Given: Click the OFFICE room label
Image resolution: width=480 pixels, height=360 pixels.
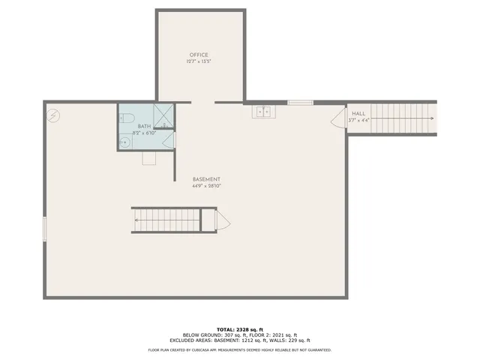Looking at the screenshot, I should pos(199,55).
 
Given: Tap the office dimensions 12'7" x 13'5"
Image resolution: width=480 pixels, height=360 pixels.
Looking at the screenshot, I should pos(199,61).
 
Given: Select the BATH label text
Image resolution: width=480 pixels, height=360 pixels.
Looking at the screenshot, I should pos(143,127).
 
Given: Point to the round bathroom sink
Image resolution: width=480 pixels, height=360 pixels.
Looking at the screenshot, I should pos(124,140).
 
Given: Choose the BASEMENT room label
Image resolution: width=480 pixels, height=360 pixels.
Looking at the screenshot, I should pos(206,179).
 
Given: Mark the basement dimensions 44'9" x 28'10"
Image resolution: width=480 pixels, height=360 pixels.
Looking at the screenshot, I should pos(206,186).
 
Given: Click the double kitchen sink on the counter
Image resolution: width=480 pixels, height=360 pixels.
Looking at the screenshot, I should pos(263,112).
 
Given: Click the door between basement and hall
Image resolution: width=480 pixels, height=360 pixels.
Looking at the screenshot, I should pos(337,120).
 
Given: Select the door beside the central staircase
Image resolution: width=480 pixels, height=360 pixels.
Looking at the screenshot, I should pos(223,220).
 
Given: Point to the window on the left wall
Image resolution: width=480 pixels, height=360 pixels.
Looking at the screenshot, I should pos(44,228).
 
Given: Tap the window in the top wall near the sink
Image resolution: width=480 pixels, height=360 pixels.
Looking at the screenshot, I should pos(300,102).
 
